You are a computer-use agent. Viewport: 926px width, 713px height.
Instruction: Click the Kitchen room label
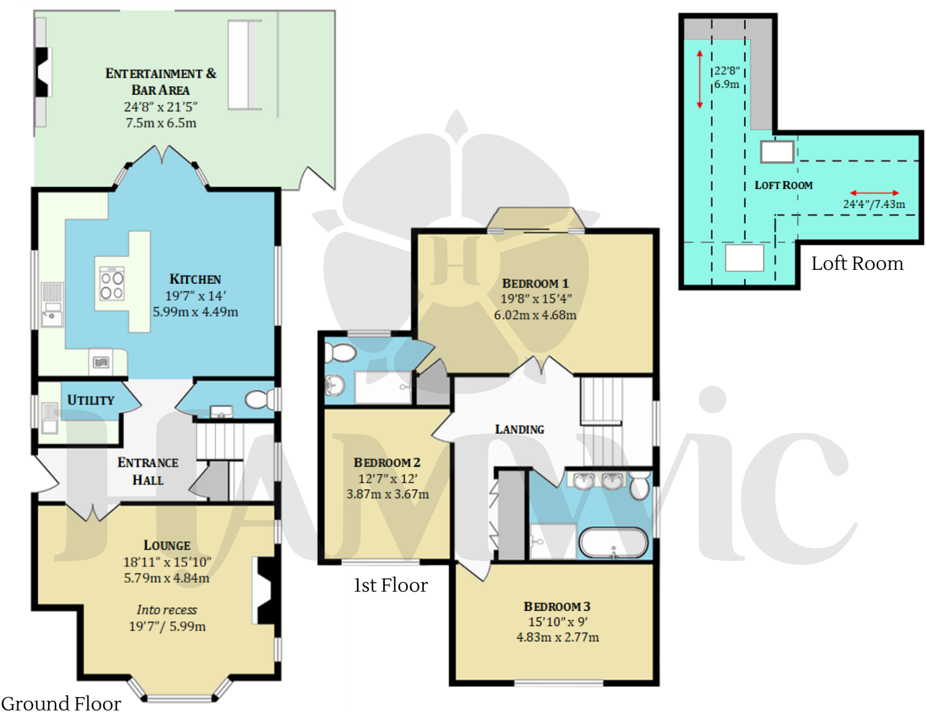click(x=195, y=279)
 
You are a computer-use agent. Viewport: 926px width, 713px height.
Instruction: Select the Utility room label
click(x=90, y=400)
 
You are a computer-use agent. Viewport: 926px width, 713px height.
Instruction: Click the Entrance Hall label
click(x=148, y=471)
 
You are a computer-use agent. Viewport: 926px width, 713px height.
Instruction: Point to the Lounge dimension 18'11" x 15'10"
click(x=167, y=562)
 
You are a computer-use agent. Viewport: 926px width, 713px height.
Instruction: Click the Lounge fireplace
click(x=266, y=591)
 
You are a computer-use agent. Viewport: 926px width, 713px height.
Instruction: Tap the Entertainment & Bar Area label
click(x=161, y=82)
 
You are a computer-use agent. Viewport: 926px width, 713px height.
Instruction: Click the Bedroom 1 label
click(x=535, y=283)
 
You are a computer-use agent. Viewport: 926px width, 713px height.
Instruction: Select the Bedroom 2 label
click(x=387, y=463)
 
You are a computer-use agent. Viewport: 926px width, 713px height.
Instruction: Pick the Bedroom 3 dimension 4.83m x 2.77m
click(x=557, y=637)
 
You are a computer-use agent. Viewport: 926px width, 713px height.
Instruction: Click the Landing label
click(x=519, y=430)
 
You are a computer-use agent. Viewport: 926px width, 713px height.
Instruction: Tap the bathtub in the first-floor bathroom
click(x=613, y=543)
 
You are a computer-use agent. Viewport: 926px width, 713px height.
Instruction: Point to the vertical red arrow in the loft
click(x=700, y=80)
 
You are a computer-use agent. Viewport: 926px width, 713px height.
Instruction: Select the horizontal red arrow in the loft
click(x=874, y=193)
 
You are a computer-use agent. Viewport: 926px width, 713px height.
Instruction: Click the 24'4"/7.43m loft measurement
click(x=874, y=204)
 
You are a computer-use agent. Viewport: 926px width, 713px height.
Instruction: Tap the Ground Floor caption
click(x=61, y=703)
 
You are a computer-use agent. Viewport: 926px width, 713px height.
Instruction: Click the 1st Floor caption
click(x=391, y=585)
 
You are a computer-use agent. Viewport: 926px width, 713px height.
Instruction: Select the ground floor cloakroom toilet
click(x=260, y=400)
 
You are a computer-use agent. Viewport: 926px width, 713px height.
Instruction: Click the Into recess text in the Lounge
click(x=167, y=610)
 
